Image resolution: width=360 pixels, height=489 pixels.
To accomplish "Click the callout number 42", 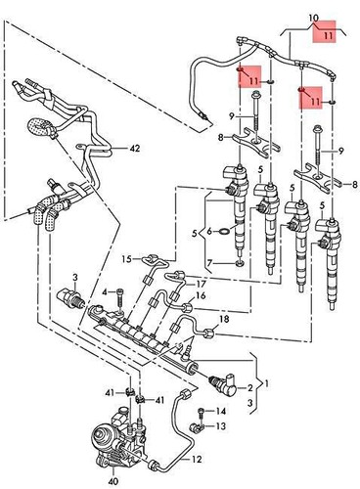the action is (x=134, y=149).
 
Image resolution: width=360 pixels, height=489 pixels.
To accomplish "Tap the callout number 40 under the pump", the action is (x=113, y=480).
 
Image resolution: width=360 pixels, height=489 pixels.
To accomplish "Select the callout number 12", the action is (x=197, y=460).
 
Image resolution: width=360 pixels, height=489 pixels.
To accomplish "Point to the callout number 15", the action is (x=126, y=259).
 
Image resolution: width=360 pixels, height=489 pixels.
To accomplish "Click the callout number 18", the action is (x=225, y=319).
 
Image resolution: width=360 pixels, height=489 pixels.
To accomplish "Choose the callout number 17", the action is (x=202, y=284).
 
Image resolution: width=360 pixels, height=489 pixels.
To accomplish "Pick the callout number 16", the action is (x=201, y=295).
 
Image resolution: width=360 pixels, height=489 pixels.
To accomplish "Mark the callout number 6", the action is (x=209, y=232).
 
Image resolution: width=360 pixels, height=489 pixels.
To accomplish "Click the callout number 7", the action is (x=209, y=262).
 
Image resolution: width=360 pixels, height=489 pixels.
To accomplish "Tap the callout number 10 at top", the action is (x=313, y=18).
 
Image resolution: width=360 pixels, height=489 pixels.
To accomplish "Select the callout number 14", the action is (x=221, y=412).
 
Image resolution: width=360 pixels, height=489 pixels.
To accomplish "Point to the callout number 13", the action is (x=221, y=425).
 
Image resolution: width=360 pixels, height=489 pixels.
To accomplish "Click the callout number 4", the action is (x=105, y=292).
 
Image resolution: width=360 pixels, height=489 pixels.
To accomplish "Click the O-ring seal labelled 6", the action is (x=224, y=232).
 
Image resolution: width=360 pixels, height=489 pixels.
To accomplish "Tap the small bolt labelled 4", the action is (x=119, y=298).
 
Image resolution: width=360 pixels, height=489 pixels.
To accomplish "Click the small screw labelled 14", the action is (x=202, y=412).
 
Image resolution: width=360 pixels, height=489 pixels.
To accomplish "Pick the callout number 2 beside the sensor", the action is (x=250, y=388).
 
